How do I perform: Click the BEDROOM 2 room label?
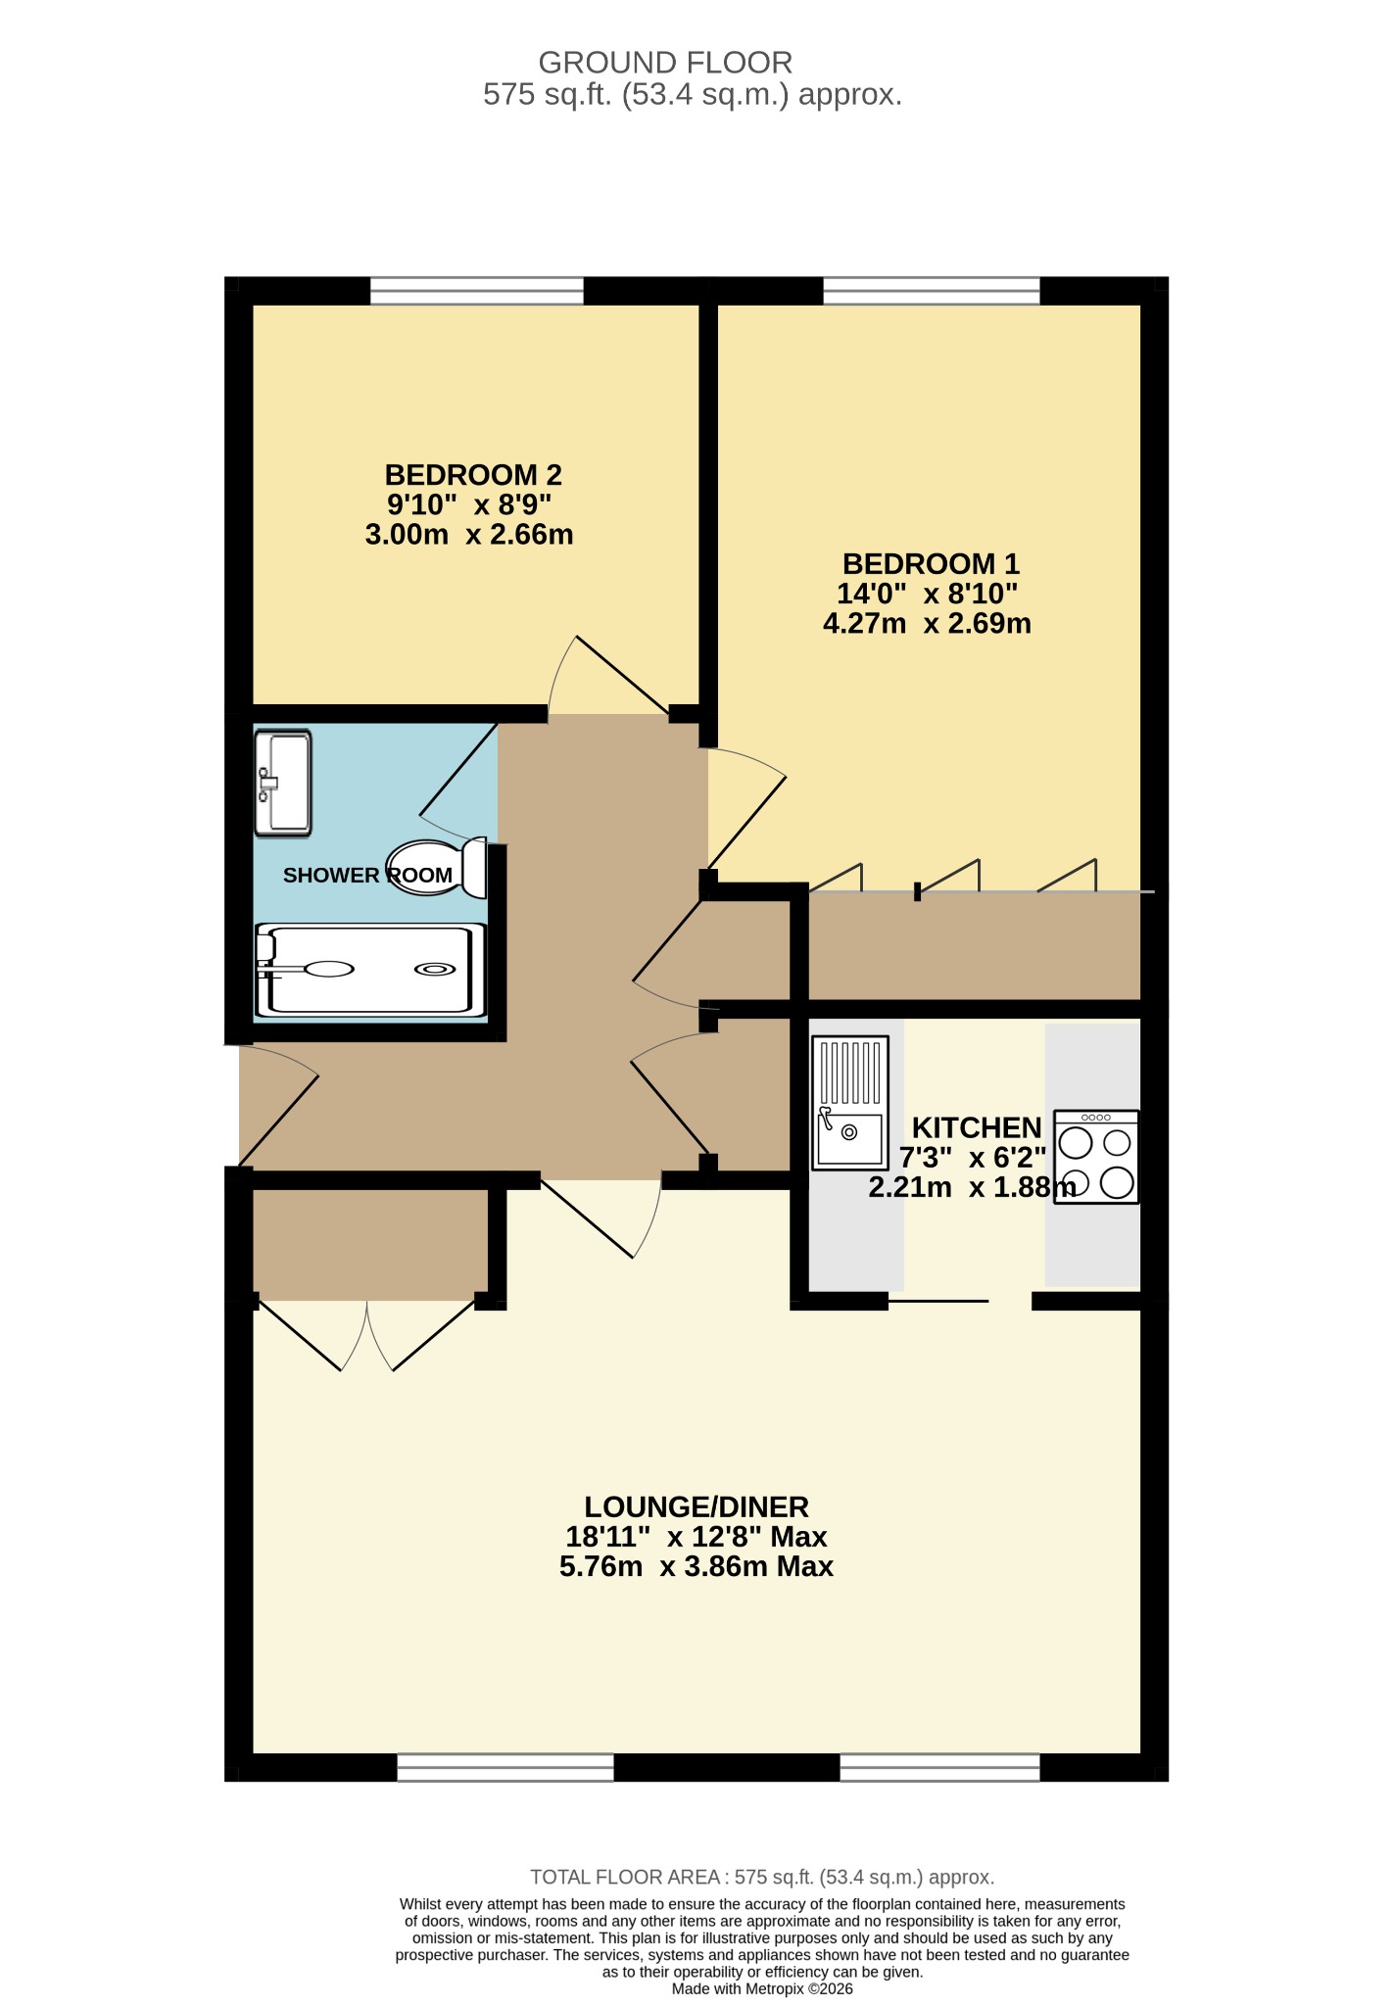(473, 475)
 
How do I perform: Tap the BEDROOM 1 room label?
(931, 564)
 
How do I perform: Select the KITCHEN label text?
(977, 1127)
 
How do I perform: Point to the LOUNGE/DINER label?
(696, 1506)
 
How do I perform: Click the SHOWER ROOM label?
(368, 876)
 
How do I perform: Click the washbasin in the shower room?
(283, 784)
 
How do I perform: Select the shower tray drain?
(435, 970)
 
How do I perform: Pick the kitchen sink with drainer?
(850, 1103)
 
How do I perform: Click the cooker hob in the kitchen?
(1096, 1157)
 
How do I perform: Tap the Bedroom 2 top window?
(477, 291)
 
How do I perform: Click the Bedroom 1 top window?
(932, 291)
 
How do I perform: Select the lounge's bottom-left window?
(505, 1767)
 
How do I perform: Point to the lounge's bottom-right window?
(940, 1767)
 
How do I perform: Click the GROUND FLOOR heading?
(665, 63)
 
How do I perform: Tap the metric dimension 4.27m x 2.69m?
(927, 624)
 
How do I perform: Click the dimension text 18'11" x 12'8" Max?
(696, 1537)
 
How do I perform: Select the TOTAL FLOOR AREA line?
(762, 1877)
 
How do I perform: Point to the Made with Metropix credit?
(762, 1989)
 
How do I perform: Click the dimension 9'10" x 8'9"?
(469, 505)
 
